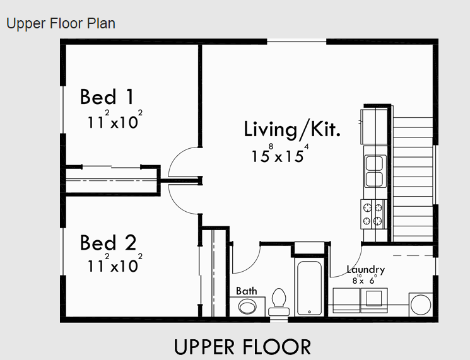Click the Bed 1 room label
click(107, 96)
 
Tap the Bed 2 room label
click(109, 243)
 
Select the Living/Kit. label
click(292, 130)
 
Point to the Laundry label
click(366, 270)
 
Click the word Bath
click(247, 291)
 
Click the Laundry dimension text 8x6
click(364, 279)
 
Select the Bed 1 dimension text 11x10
click(115, 120)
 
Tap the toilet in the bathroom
click(279, 302)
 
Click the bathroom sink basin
click(247, 306)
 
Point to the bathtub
click(309, 288)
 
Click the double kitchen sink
click(375, 171)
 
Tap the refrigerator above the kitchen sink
click(374, 127)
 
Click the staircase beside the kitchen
click(413, 179)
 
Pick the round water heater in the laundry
click(421, 305)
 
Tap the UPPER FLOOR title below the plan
click(242, 347)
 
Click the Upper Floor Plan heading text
click(61, 23)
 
